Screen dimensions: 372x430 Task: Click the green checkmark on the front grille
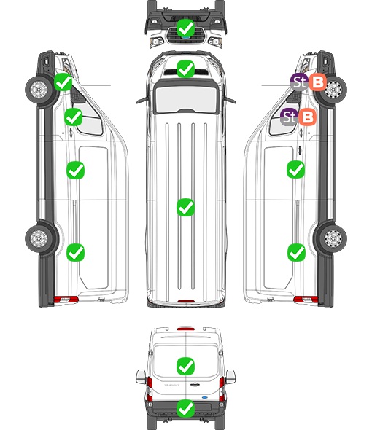(185, 28)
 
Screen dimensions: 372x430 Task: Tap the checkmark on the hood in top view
(185, 69)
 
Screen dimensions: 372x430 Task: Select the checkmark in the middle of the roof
(185, 207)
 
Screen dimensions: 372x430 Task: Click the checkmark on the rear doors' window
(185, 366)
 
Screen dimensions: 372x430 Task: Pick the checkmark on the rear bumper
(185, 408)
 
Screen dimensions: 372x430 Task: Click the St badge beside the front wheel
(299, 82)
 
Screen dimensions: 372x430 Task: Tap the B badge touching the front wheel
(317, 82)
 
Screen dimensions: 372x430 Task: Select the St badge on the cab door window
(289, 117)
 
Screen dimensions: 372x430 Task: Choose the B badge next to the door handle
(308, 117)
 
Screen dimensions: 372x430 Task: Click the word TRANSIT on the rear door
(171, 385)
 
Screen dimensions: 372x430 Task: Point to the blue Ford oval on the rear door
(205, 397)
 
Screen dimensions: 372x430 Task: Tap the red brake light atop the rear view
(186, 329)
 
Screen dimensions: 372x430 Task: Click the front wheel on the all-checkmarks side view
(39, 90)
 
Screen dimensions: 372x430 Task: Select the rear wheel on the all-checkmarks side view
(39, 238)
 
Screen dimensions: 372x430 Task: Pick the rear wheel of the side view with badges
(333, 238)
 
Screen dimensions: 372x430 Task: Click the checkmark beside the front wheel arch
(63, 82)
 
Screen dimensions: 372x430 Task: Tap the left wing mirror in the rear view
(141, 377)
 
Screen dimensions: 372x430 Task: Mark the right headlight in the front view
(215, 42)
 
